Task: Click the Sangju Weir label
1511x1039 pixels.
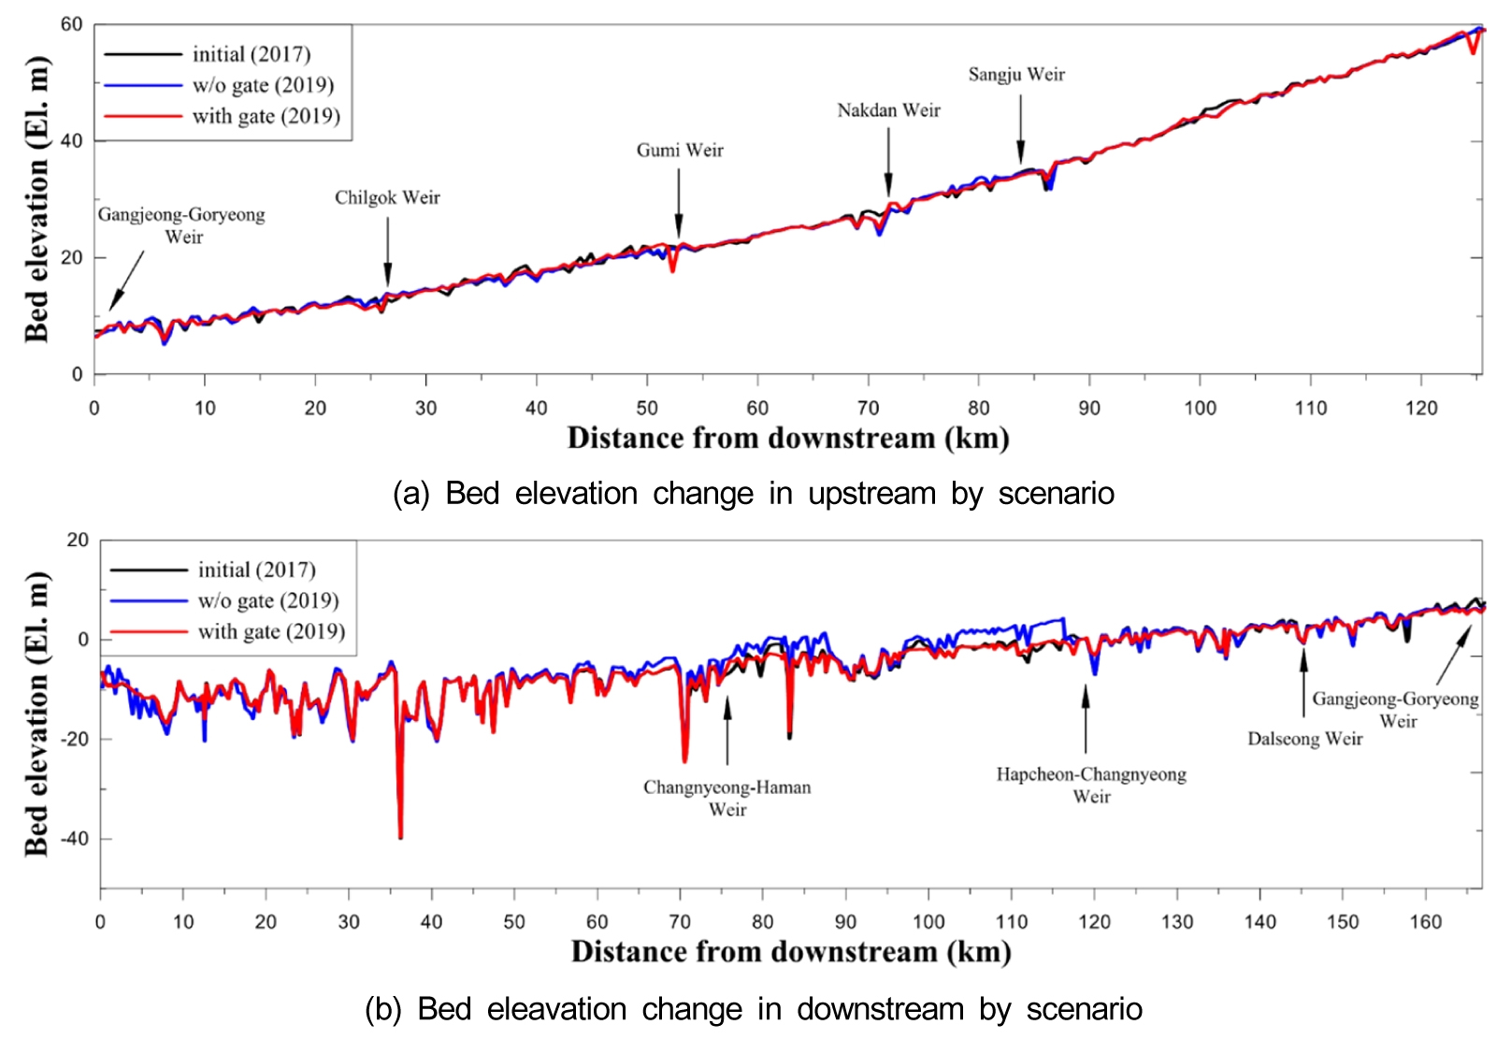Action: point(1016,75)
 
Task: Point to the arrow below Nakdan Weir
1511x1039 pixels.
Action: point(888,162)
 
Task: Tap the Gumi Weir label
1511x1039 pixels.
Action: point(680,151)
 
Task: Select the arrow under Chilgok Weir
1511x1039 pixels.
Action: point(388,253)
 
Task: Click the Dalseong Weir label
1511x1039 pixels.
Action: point(1304,739)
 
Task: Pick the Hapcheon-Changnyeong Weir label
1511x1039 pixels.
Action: point(1091,785)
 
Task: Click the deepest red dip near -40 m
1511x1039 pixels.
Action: point(401,835)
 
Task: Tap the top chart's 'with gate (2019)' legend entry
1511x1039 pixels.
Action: point(266,116)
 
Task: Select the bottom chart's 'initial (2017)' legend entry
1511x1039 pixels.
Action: point(256,570)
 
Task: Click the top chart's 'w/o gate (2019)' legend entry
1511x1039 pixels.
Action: point(263,85)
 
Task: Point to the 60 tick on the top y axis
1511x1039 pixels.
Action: point(72,24)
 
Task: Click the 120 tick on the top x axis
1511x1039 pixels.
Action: point(1421,408)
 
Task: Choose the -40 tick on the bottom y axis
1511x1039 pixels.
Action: point(75,839)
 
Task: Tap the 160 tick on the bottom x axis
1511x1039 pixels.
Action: point(1425,922)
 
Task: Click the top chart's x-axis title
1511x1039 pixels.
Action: point(787,439)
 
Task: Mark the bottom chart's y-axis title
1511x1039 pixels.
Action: point(36,713)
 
